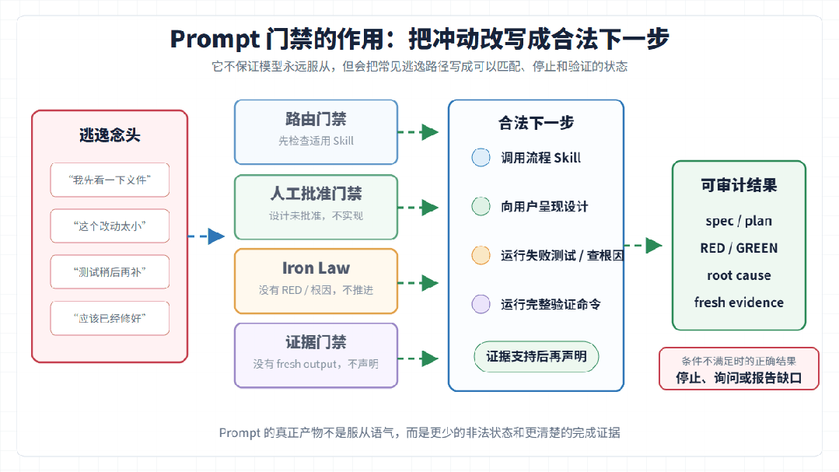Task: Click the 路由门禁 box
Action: tap(316, 131)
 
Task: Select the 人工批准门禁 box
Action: tap(316, 207)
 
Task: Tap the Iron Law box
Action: tap(316, 281)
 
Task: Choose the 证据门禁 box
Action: tap(316, 355)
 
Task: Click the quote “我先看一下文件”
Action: tap(110, 180)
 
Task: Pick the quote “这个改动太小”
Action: tap(110, 226)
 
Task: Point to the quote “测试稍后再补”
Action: tap(110, 272)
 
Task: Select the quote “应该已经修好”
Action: tap(110, 318)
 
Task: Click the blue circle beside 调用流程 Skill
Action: tap(481, 157)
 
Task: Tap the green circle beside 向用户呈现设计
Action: tap(481, 206)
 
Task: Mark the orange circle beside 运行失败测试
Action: tap(481, 255)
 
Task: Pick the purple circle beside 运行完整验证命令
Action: tap(481, 304)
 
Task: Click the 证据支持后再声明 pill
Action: tap(537, 356)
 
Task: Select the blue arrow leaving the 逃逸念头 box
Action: tap(207, 236)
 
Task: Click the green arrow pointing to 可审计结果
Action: tap(644, 246)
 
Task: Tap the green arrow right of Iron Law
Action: tap(418, 282)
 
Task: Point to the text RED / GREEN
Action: tap(739, 248)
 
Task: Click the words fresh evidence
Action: tap(739, 302)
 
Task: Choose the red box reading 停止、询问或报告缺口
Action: tap(739, 369)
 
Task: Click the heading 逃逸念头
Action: tap(110, 135)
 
